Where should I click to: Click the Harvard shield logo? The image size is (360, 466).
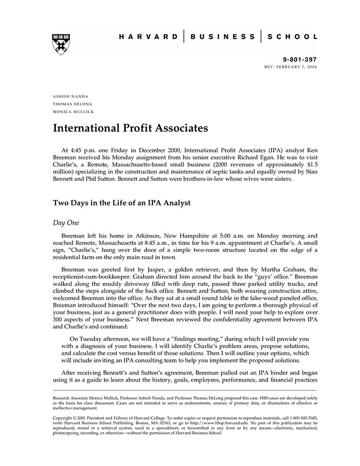click(61, 44)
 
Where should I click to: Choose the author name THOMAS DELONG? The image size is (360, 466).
click(73, 104)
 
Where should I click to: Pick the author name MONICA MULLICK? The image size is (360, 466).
click(74, 112)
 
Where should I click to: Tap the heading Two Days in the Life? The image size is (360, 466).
click(121, 203)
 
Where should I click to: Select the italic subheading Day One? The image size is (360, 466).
click(66, 222)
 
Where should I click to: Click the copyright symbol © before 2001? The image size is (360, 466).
click(76, 418)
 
